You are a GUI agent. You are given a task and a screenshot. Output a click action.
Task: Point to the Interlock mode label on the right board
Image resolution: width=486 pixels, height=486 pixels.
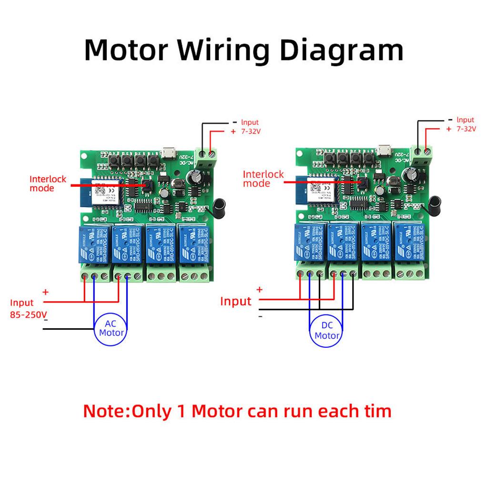(x=263, y=179)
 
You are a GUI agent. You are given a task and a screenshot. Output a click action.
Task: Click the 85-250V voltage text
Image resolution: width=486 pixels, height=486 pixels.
(x=28, y=315)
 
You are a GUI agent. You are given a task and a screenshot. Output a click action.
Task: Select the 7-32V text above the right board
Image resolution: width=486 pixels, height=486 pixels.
(x=465, y=129)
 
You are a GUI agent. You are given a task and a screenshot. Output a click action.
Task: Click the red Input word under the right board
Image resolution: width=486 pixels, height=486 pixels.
(x=235, y=301)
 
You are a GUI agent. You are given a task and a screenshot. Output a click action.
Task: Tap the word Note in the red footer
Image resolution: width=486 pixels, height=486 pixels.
(x=105, y=411)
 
